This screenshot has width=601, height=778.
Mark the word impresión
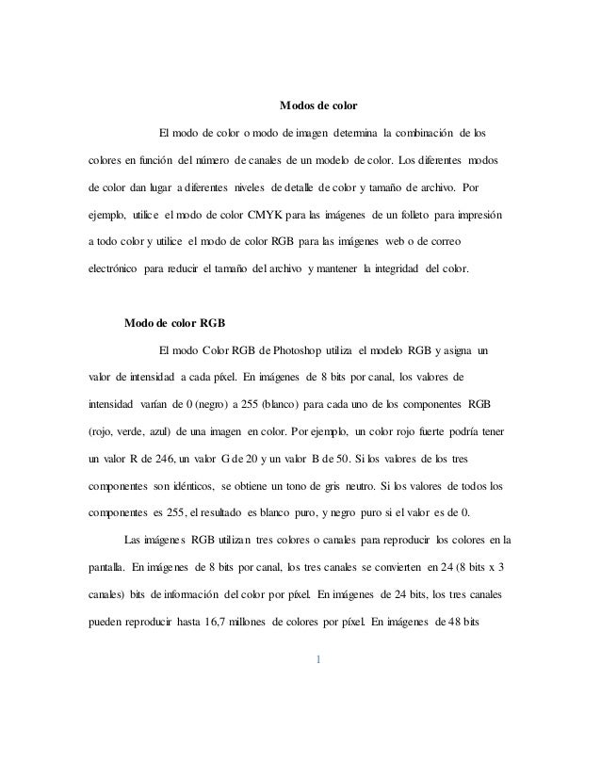(480, 216)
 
